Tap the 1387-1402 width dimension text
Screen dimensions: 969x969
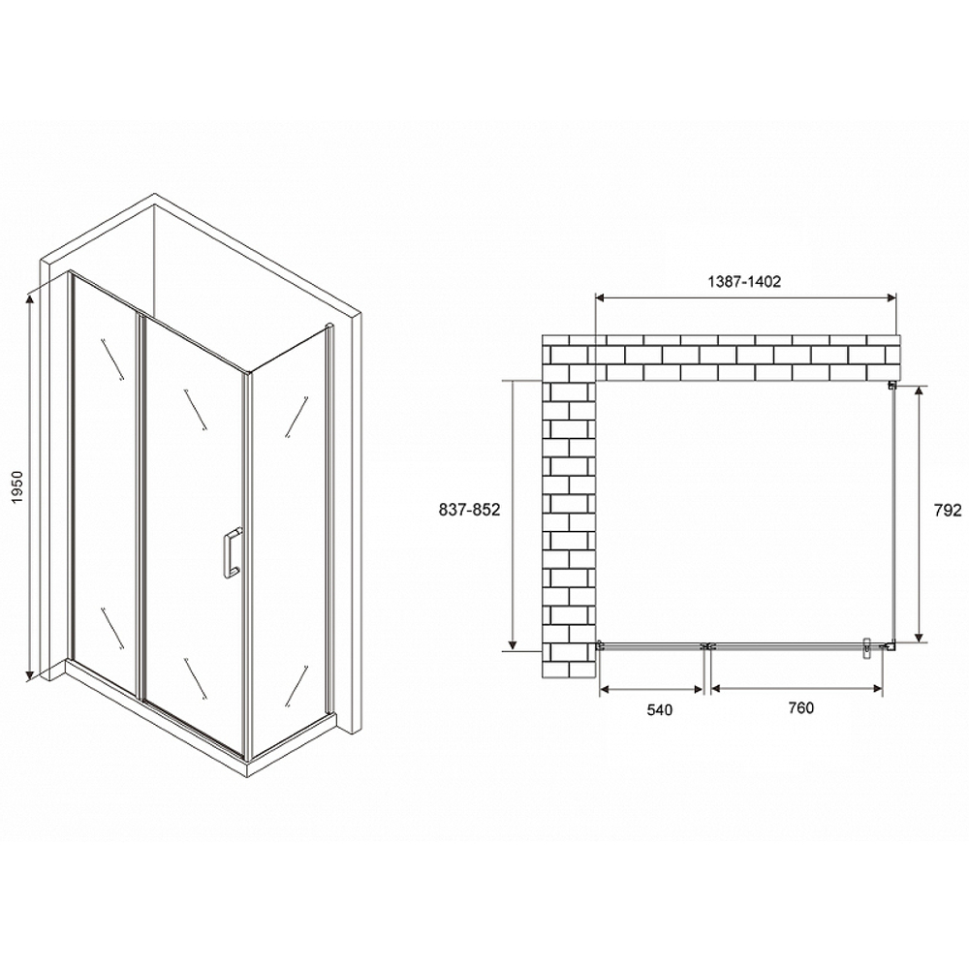pos(741,281)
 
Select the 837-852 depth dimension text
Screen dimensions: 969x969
pos(466,512)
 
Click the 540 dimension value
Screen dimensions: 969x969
pos(658,709)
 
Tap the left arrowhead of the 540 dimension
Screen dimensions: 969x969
pos(605,689)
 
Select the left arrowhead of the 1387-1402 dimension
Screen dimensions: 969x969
pos(599,297)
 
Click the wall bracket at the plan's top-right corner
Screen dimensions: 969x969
pos(891,386)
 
